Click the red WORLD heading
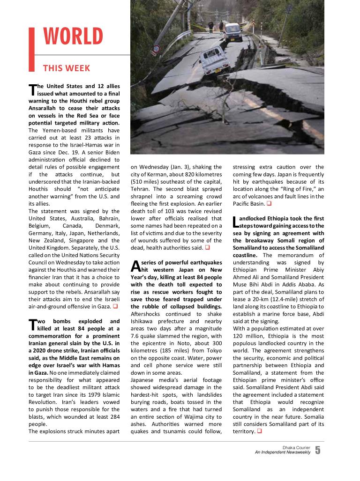(73, 37)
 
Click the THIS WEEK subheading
(66, 68)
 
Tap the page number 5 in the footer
(318, 451)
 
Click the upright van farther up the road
(232, 32)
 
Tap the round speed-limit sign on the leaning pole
(156, 49)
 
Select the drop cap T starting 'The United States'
(32, 89)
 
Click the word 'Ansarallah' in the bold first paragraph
(45, 108)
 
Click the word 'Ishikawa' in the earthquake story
(142, 321)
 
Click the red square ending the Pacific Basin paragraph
(269, 204)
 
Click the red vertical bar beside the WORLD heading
(31, 49)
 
